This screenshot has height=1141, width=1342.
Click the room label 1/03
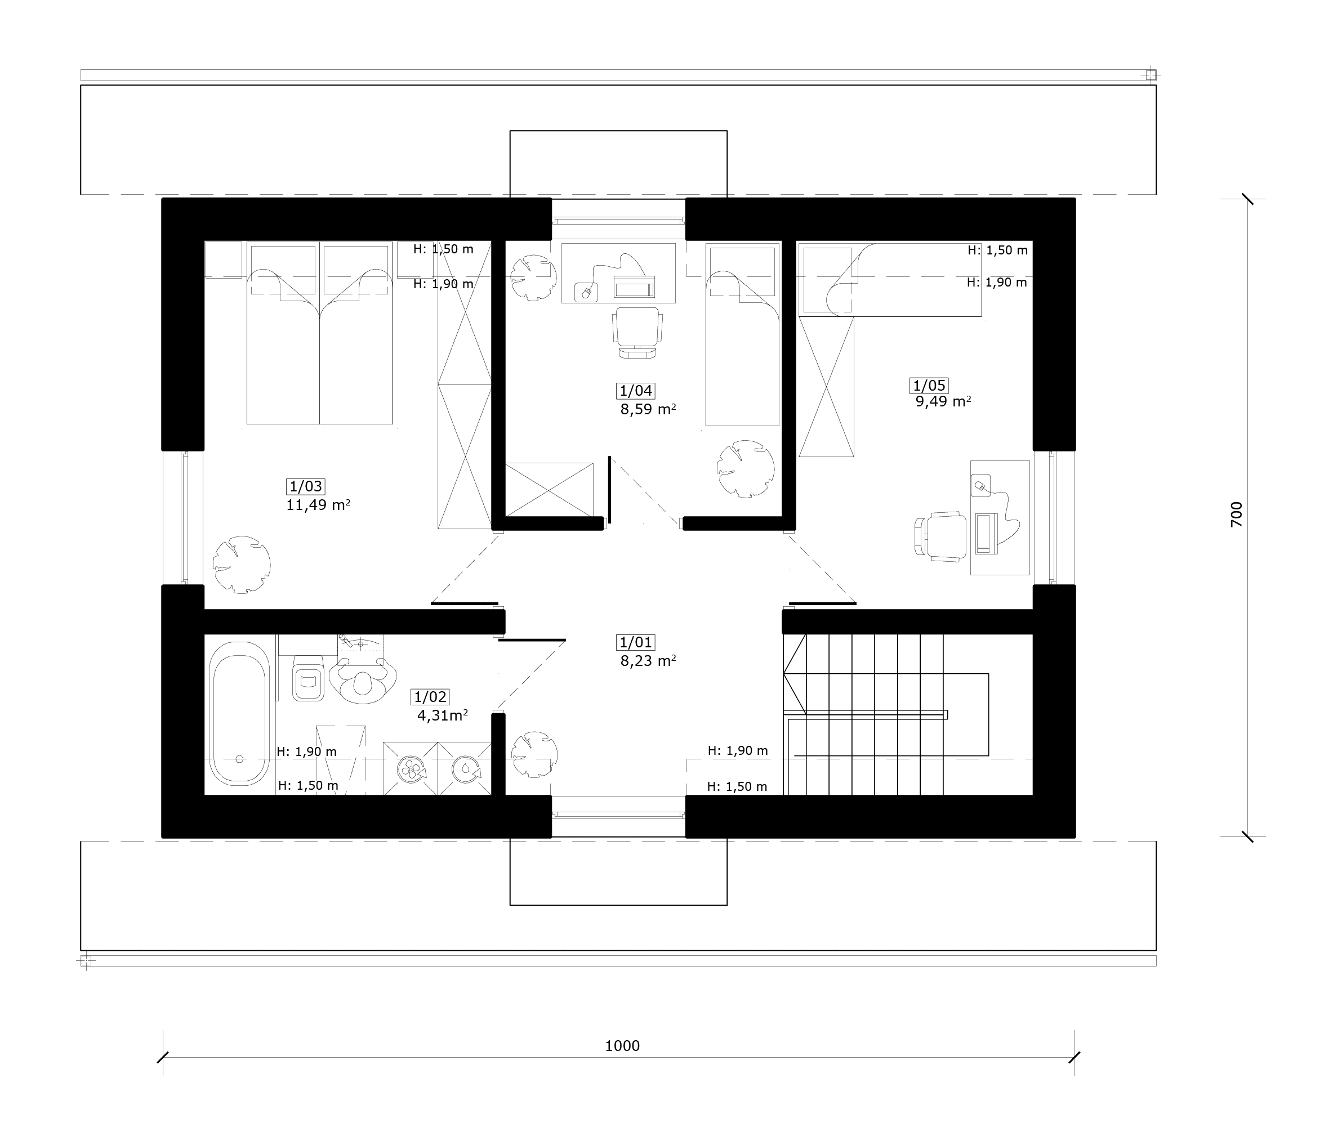[305, 486]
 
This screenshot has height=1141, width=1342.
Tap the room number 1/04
[636, 391]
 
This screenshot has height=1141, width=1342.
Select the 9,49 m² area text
[943, 402]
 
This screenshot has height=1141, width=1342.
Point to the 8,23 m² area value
[648, 660]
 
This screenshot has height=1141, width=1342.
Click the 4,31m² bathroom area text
[443, 715]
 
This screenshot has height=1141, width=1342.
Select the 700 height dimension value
[1236, 514]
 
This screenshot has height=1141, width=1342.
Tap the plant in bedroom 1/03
[242, 564]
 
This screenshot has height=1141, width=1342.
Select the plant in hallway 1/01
[534, 754]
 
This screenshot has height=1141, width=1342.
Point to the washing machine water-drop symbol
[466, 769]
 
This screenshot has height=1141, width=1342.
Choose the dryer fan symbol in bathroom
[410, 769]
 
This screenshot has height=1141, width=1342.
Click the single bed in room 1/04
[742, 334]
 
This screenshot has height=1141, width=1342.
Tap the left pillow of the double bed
[283, 270]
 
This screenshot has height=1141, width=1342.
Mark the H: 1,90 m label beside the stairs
[738, 751]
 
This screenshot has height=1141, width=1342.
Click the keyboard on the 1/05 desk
[986, 534]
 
